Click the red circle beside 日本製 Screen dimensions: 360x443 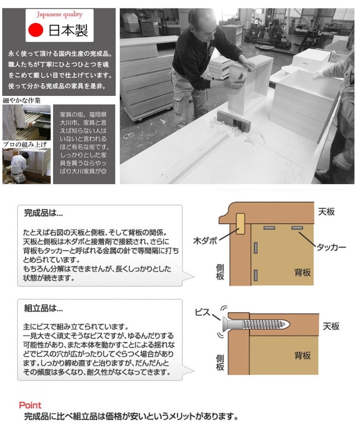coord(36,30)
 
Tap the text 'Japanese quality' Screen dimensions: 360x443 coord(59,15)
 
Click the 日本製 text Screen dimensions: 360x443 coord(68,30)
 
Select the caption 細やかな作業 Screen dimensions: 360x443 coord(22,100)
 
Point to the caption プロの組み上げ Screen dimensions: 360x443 coord(25,145)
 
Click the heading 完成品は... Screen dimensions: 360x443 coord(43,213)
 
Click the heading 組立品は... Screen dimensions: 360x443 coord(43,308)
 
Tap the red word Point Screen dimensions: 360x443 coord(30,405)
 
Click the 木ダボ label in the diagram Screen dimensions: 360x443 coord(205,240)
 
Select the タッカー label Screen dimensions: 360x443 coord(331,247)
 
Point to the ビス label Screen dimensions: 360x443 coord(202,313)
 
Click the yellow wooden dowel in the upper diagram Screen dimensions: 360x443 coord(240,223)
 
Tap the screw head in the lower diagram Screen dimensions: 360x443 coord(225,324)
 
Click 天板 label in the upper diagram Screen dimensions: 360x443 coord(326,212)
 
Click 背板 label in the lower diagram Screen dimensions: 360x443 coord(303,355)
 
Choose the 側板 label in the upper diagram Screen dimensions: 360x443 coord(220,272)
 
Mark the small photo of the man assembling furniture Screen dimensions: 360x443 coord(27,166)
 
